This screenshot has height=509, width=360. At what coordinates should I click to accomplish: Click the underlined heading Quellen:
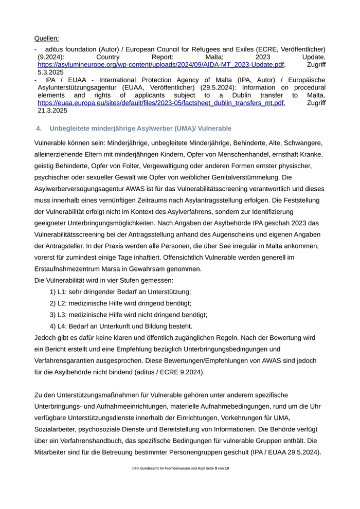point(46,38)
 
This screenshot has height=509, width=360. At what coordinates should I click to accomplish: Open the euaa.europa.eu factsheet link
point(160,103)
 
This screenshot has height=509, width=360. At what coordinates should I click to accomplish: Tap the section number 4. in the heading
point(39,128)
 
